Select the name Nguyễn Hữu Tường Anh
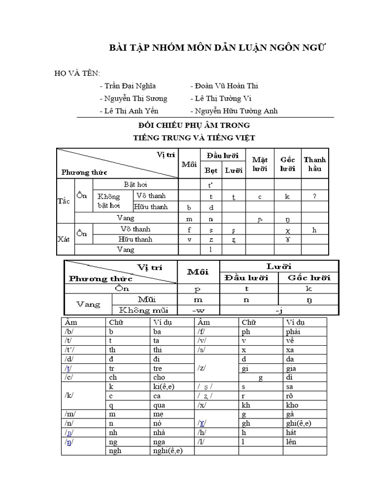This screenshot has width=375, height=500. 234,111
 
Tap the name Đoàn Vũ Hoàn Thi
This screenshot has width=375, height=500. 224,86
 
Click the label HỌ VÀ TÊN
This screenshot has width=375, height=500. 77,73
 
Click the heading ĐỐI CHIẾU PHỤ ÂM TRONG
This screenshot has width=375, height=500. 194,125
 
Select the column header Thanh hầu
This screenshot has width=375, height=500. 314,164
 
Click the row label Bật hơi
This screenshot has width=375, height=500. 135,185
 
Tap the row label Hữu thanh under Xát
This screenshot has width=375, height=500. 135,239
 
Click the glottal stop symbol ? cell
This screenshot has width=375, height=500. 314,196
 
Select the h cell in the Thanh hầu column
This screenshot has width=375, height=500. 314,229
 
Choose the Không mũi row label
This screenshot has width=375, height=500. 143,310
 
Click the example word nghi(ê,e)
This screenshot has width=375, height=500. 166,451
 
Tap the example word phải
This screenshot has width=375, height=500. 292,332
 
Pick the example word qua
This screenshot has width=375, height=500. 159,405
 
